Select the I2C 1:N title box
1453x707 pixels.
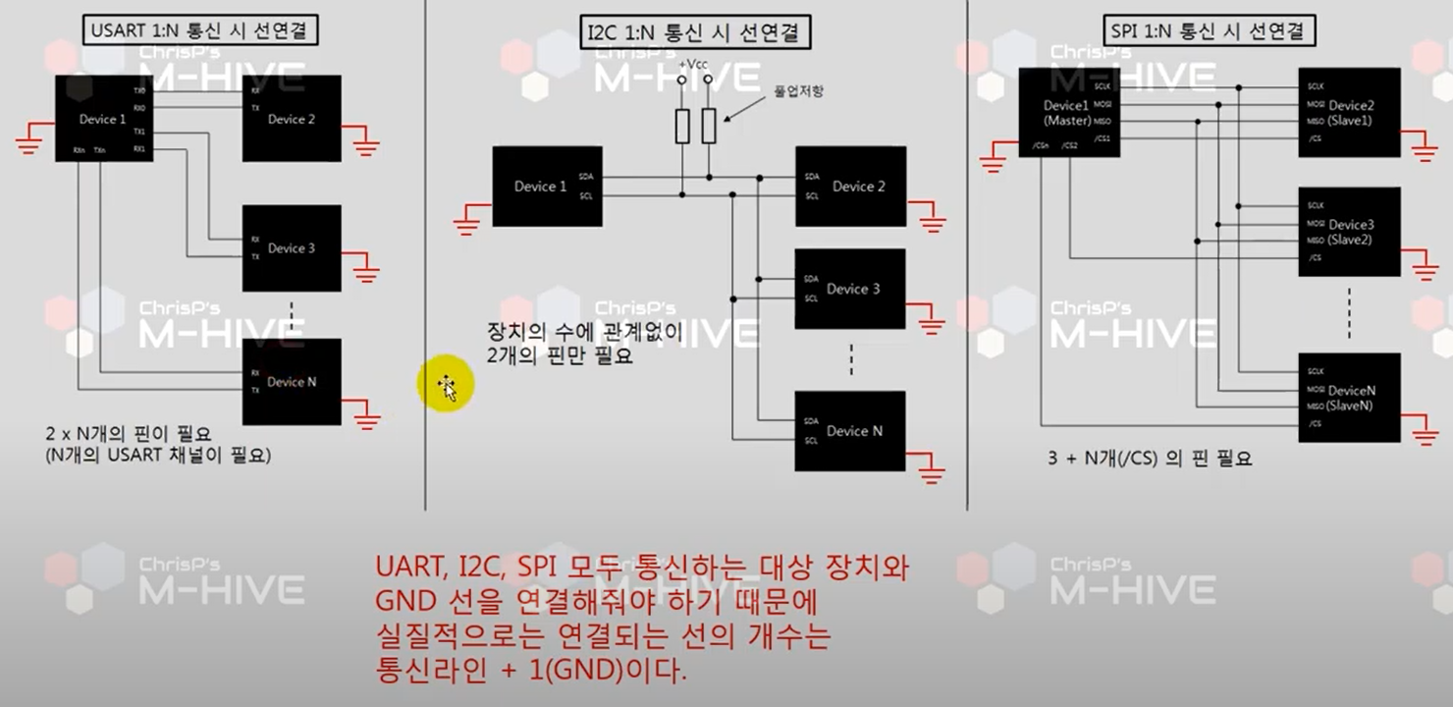(x=694, y=31)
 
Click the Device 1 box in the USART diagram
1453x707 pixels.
(x=102, y=120)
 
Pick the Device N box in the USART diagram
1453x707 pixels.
(x=292, y=382)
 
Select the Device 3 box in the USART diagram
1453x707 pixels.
(x=292, y=248)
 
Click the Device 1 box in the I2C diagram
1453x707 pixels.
(x=546, y=187)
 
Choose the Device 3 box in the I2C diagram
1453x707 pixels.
(x=850, y=289)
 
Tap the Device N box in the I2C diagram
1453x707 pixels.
(x=850, y=431)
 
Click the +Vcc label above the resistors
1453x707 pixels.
(x=694, y=64)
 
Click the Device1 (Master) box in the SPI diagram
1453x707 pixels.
(x=1068, y=112)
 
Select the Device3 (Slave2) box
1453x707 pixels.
(x=1350, y=232)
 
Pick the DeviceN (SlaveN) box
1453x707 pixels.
(x=1350, y=397)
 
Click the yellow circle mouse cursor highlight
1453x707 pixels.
(x=445, y=385)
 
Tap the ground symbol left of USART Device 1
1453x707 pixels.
(x=31, y=139)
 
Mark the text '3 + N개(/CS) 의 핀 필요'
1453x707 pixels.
(x=1150, y=459)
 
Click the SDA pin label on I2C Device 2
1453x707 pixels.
(x=812, y=177)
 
